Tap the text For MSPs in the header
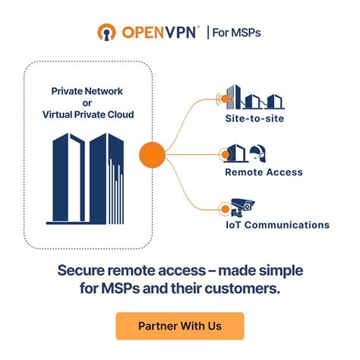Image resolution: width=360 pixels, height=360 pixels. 234,33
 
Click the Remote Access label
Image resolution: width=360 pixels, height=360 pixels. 264,172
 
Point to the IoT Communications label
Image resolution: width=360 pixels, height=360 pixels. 276,225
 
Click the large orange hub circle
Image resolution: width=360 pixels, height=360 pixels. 153,156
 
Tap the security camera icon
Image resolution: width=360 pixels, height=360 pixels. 244,206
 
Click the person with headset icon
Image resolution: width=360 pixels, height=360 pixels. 257,153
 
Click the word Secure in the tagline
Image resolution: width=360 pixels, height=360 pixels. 83,270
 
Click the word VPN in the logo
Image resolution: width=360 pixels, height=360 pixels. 179,33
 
